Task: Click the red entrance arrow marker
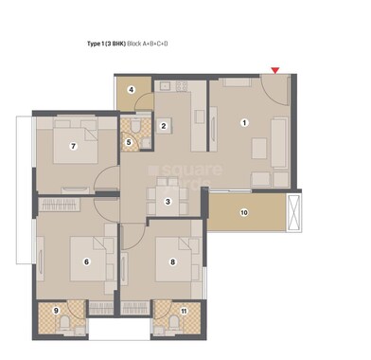[x=275, y=69]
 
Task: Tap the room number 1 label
[x=244, y=122]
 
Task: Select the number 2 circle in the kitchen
[x=164, y=126]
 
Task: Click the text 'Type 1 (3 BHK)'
[x=98, y=44]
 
